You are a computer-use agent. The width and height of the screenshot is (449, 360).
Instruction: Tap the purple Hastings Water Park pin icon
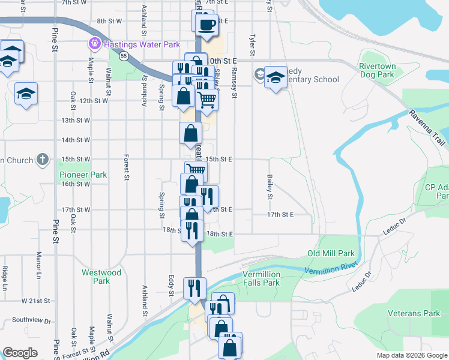[x=94, y=44]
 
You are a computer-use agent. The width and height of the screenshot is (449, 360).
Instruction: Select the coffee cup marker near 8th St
[x=206, y=25]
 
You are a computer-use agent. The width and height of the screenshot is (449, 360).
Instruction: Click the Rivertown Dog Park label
[x=377, y=71]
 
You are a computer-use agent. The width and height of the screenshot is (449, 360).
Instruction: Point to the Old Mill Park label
[x=331, y=254]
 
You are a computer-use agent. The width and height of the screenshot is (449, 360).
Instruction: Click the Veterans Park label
[x=414, y=313]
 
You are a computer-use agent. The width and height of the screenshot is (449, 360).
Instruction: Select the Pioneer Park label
[x=83, y=175]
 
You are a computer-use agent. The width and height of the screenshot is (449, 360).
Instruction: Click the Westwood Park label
[x=101, y=277]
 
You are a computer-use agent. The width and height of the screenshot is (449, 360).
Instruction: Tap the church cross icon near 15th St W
[x=41, y=160]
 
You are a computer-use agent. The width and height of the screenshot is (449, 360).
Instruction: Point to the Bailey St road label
[x=270, y=188]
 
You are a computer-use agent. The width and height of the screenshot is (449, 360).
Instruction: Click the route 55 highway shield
[x=123, y=56]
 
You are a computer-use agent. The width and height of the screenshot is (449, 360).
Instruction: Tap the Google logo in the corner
[x=20, y=353]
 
